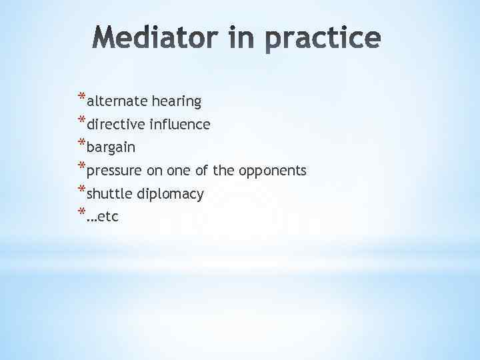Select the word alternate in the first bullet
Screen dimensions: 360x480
tap(117, 101)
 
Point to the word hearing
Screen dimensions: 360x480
tap(177, 102)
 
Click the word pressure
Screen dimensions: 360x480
tap(115, 171)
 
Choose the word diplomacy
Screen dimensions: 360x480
tap(171, 195)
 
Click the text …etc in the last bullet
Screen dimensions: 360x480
tap(103, 217)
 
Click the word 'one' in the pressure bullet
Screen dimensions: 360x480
tap(177, 171)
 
